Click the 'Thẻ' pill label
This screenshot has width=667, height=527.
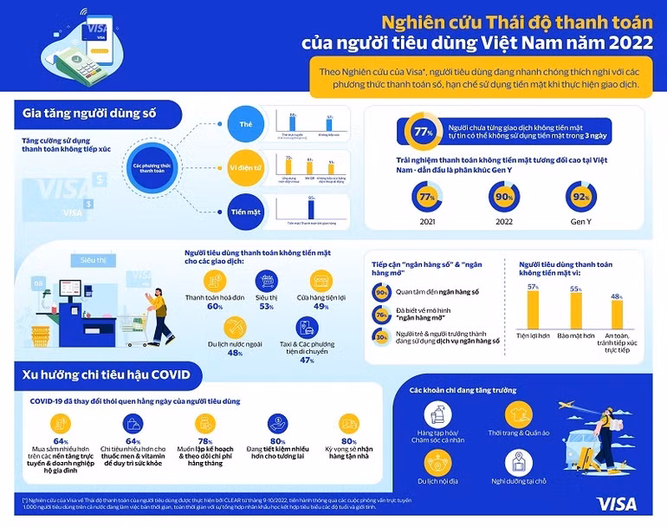[245, 124]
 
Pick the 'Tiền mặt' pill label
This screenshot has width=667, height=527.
[245, 210]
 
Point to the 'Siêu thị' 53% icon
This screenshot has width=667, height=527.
[267, 281]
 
